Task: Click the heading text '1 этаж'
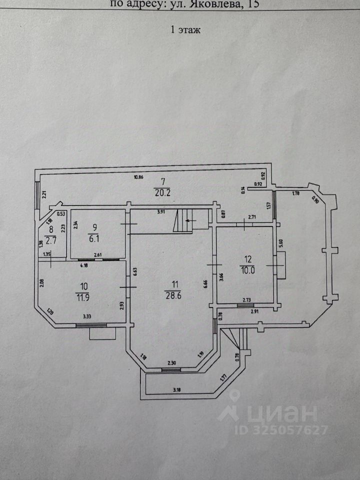185,30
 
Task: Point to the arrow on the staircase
189,220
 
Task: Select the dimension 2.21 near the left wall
43,195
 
